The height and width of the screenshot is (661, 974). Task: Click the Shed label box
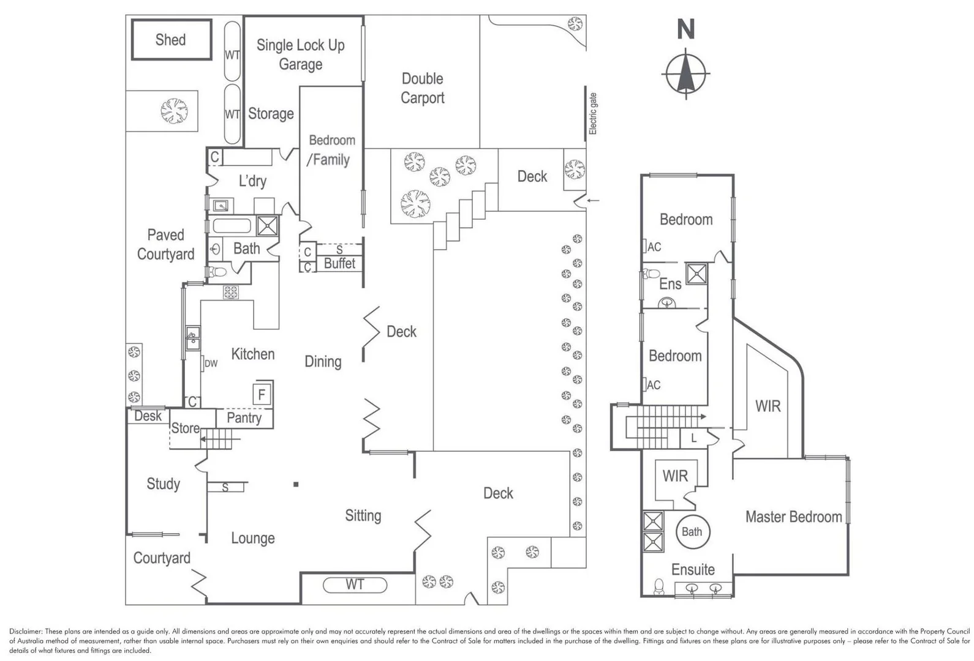171,40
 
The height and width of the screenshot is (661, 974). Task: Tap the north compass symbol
685,73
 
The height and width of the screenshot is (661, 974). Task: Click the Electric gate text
592,114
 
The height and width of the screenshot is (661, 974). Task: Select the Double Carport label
422,88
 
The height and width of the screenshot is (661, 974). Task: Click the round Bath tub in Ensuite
692,532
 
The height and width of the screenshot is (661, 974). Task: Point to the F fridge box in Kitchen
262,394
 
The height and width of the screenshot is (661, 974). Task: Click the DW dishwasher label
211,364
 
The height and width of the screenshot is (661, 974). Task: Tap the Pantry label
244,418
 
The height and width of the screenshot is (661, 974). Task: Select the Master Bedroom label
793,517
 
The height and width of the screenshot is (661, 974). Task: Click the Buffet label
339,263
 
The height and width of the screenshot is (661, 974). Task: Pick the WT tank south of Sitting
355,584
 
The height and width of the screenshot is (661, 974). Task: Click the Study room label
163,484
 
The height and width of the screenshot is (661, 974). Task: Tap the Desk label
148,416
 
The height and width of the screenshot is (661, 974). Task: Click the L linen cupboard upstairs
693,438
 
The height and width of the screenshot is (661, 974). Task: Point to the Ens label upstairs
670,284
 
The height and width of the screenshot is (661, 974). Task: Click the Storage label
271,114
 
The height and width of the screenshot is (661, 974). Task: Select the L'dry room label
252,181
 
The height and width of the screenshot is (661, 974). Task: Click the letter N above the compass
685,29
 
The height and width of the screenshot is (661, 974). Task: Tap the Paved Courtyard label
165,244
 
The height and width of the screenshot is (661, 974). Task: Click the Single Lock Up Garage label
300,54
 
